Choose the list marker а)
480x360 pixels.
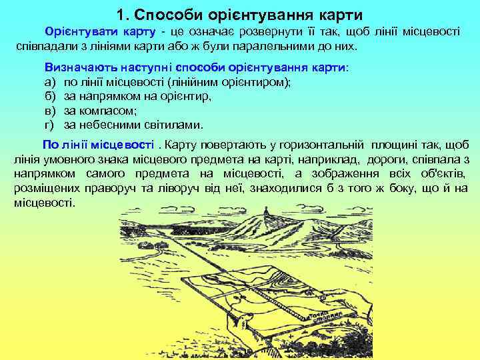[50, 82]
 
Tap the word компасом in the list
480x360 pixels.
[109, 110]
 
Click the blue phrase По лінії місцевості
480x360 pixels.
[98, 145]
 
